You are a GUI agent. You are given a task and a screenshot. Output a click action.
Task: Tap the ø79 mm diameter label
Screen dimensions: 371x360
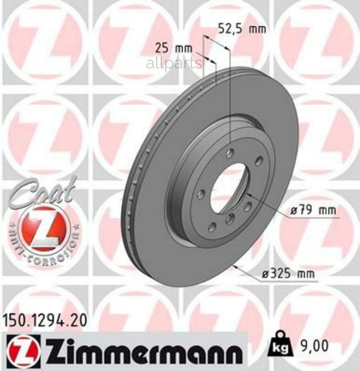(x=313, y=210)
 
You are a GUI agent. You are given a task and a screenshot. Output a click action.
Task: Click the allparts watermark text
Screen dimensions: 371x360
(x=174, y=63)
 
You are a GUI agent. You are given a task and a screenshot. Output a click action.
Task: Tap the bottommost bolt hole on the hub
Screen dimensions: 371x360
(x=212, y=227)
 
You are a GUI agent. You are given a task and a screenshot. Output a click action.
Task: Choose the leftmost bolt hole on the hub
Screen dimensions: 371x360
(x=201, y=194)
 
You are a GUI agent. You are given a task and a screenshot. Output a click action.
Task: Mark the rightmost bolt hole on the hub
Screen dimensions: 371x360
(x=259, y=161)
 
